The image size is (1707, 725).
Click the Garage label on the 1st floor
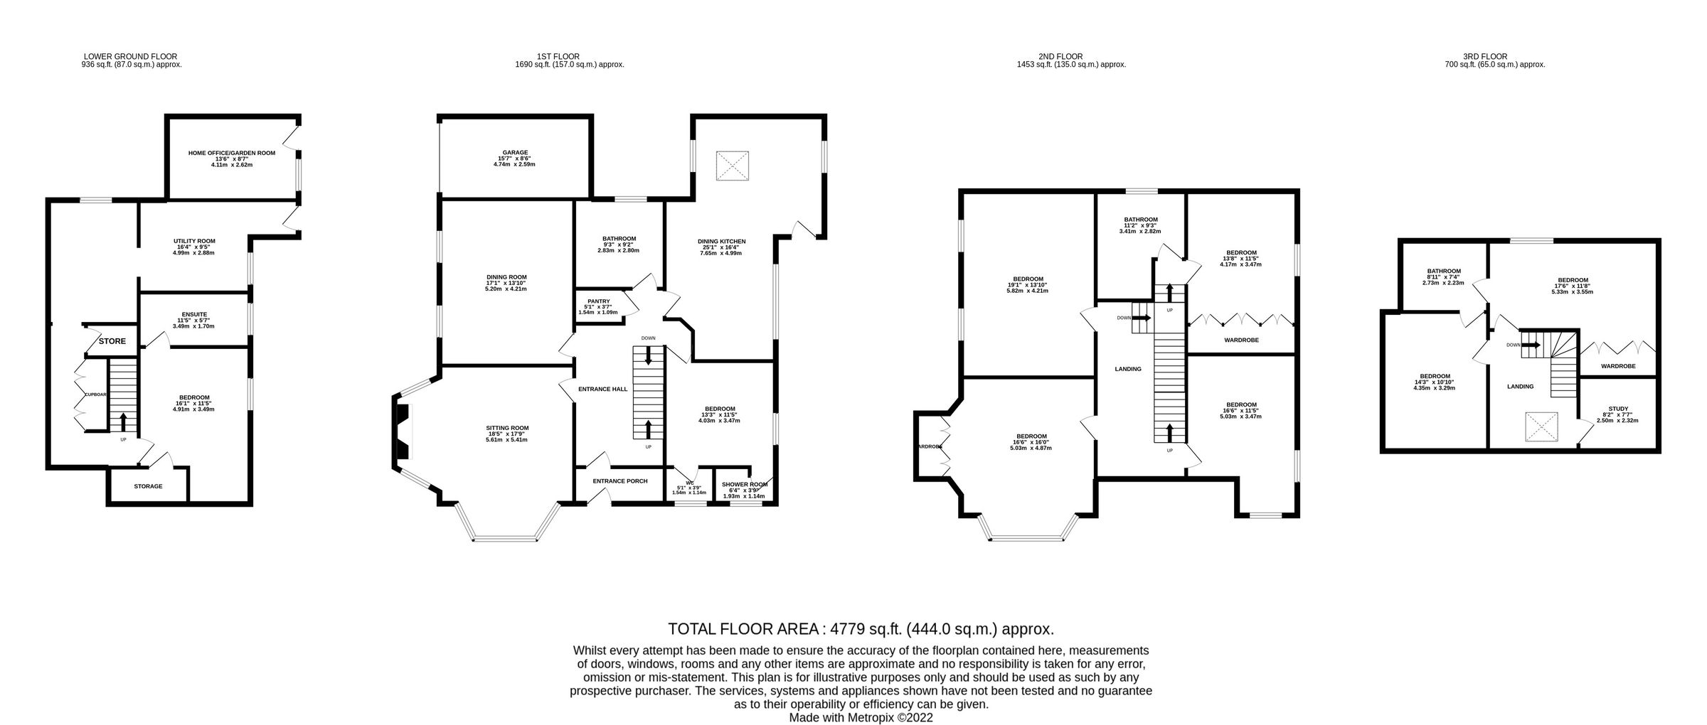pos(515,152)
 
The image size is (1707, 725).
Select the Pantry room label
pos(598,301)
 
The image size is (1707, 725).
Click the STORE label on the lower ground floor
pos(112,341)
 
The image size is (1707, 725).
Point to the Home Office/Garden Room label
pos(231,153)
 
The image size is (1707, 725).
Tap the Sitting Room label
pos(507,428)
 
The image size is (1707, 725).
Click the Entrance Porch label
pos(620,481)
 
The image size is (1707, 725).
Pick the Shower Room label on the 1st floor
pos(745,485)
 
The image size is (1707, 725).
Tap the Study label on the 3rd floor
pos(1618,409)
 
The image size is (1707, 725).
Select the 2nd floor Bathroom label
pos(1141,220)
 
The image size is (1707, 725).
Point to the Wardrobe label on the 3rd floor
pos(1617,366)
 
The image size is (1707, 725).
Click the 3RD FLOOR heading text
pos(1484,56)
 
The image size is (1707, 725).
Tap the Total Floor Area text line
pos(861,629)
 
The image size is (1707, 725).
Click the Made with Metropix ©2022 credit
pos(861,718)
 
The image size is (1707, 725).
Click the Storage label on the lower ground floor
pos(148,487)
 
